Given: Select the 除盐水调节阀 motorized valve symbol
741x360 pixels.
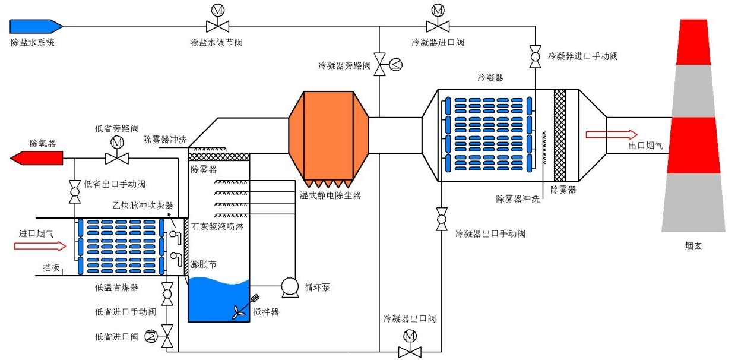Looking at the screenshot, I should [x=217, y=26].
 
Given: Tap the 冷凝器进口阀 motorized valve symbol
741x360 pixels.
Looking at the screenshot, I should [x=438, y=26].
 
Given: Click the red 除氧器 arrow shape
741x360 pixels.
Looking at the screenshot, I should [x=37, y=158].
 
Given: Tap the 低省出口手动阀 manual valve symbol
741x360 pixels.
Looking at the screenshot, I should [x=75, y=194].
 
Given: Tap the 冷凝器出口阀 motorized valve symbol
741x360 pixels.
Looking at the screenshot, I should [x=409, y=350].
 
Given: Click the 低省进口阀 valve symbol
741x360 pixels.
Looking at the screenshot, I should [x=167, y=337].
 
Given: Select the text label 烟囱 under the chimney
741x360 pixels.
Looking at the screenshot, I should [x=693, y=245].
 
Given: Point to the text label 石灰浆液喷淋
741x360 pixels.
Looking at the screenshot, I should [x=217, y=226].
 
